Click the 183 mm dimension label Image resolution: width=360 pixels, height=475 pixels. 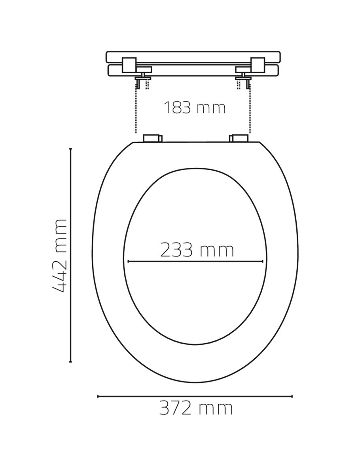(x=195, y=108)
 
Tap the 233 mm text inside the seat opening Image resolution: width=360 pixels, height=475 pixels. (x=197, y=250)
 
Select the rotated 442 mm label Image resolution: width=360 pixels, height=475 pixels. (x=59, y=256)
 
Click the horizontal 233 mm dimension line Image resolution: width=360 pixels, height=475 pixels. (x=195, y=261)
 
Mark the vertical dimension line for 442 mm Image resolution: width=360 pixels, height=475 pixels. (x=70, y=255)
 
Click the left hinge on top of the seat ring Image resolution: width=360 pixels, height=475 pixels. (x=152, y=138)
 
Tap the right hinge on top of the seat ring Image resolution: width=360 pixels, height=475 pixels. (x=239, y=138)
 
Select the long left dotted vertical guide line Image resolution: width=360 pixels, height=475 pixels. (x=136, y=108)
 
